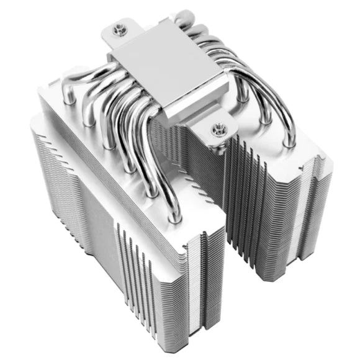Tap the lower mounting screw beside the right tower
pyautogui.click(x=217, y=130)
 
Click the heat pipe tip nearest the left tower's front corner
pyautogui.click(x=176, y=217)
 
